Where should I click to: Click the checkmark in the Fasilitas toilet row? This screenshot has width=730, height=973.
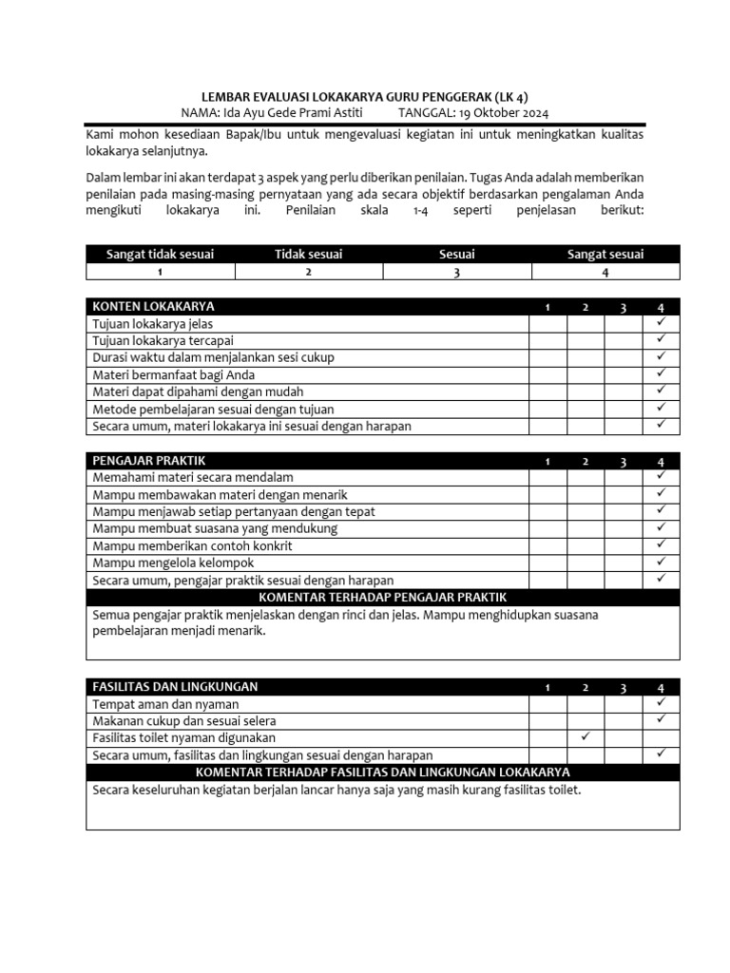tap(586, 736)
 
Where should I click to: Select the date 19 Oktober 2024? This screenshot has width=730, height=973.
tap(492, 112)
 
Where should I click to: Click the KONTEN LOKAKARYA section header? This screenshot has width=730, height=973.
tap(153, 306)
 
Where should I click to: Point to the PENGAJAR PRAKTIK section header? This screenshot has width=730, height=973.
tap(149, 461)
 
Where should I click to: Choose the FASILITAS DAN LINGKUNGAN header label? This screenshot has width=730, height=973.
tap(175, 686)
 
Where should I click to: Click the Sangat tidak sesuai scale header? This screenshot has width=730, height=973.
tap(161, 254)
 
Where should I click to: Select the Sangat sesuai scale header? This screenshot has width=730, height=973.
tap(605, 254)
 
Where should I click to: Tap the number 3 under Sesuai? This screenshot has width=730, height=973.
tap(457, 272)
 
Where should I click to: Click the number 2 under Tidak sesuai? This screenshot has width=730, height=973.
tap(308, 272)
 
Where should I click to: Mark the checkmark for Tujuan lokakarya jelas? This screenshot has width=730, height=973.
tap(661, 323)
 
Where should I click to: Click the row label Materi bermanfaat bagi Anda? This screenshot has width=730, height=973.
tap(174, 374)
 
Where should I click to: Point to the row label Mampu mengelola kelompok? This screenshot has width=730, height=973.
tap(174, 563)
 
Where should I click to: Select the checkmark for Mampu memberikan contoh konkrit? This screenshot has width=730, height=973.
tap(661, 545)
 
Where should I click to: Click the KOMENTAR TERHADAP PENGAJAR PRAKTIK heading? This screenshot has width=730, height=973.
tap(383, 597)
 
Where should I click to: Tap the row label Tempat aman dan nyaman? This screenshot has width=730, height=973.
tap(165, 704)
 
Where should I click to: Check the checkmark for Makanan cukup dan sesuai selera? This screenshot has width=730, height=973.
tap(661, 720)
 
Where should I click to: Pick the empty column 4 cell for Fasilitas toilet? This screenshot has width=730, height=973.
tap(661, 737)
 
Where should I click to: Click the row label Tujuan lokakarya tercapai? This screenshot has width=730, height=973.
tap(163, 340)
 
